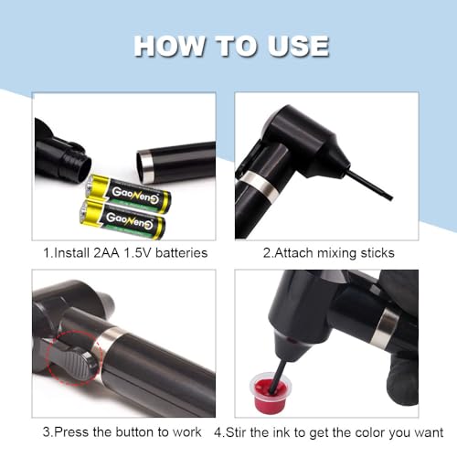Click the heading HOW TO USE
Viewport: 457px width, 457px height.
click(230, 46)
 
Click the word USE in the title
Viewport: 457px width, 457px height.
click(294, 46)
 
